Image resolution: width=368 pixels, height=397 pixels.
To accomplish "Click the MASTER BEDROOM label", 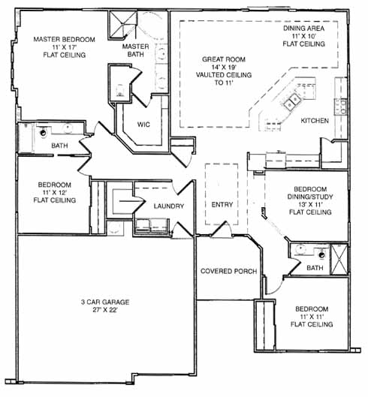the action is point(65,40).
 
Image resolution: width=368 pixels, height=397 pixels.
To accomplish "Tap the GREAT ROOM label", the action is point(224,59).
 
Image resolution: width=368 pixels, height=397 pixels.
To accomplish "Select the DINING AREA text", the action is point(304,28).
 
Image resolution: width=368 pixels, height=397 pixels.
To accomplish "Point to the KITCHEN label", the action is point(315,121).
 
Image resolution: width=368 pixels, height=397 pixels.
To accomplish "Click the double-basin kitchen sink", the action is point(292,101).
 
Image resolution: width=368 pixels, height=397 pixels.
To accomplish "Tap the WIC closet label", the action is point(143,125).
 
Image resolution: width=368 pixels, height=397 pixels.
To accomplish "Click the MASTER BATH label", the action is point(136,50).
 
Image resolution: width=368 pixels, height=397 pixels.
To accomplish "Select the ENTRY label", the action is point(222,205).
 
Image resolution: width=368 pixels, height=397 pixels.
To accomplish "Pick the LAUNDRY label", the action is point(169,206).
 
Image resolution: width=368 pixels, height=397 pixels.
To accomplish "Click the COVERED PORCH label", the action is point(228,271).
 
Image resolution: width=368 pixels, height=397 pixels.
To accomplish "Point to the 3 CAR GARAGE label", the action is point(105,302).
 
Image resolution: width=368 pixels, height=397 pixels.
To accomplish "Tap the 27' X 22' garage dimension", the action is point(105,310).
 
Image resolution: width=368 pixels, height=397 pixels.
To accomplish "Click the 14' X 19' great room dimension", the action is point(224,68).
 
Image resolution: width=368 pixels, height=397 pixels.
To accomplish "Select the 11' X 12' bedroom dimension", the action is point(55,192).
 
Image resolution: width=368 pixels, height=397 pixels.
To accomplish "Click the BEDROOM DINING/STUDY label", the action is point(310,193).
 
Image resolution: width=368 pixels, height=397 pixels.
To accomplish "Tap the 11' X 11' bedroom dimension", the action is point(312,317).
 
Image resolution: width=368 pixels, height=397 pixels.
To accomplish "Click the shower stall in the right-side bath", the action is point(339,259).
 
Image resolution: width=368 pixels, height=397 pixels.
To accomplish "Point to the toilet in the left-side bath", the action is point(43,132).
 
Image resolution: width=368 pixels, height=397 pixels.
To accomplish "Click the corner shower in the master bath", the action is point(122,25).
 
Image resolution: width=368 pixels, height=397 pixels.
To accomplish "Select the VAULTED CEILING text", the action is point(224,75).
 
